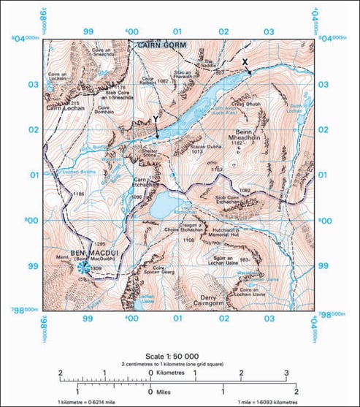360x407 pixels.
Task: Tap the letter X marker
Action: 245,61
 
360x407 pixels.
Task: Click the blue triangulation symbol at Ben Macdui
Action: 84,268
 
